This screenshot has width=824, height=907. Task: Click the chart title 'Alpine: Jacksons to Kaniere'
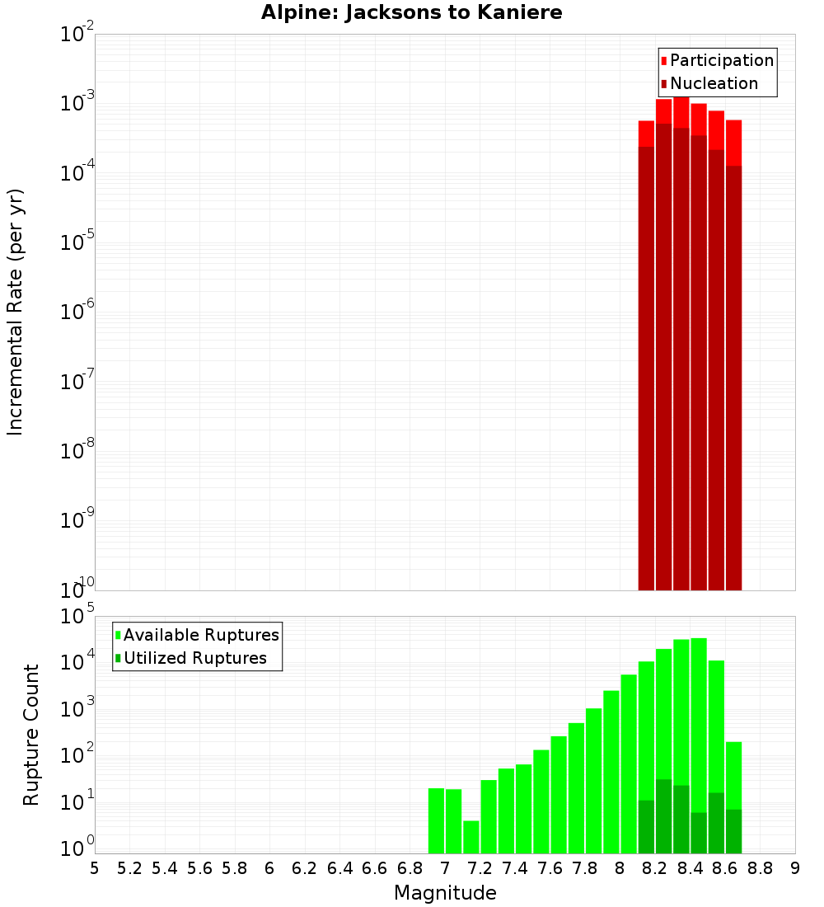[411, 12]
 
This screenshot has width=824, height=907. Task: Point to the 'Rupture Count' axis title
[31, 734]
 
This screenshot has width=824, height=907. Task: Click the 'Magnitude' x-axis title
[445, 893]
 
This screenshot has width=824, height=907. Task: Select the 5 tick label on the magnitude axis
[95, 868]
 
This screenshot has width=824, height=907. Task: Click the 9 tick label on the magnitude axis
[795, 868]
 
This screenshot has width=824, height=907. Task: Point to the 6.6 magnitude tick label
[375, 868]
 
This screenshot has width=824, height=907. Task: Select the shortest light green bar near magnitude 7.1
[471, 837]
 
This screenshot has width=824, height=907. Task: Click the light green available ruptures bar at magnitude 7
[436, 820]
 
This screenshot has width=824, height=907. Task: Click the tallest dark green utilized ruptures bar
[663, 816]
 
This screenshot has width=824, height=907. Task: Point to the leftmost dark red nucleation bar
[646, 371]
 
